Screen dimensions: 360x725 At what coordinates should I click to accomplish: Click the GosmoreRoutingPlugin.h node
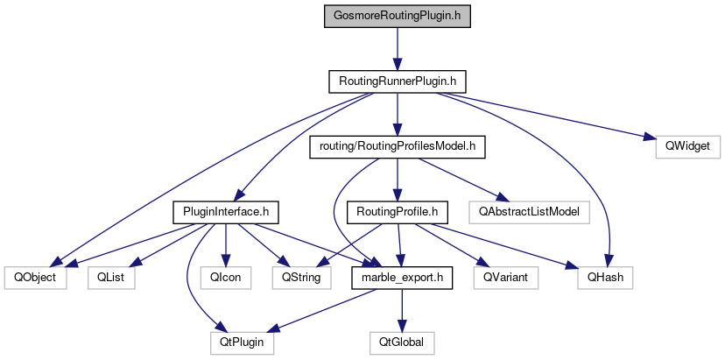[x=397, y=16]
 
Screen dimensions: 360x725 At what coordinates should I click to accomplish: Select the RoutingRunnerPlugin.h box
[x=397, y=81]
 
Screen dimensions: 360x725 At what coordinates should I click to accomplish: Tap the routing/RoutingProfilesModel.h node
[x=397, y=146]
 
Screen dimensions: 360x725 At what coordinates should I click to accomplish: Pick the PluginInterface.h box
[x=226, y=211]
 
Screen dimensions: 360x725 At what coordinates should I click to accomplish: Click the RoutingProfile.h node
[x=398, y=211]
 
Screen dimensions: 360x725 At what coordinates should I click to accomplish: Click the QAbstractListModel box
[x=529, y=211]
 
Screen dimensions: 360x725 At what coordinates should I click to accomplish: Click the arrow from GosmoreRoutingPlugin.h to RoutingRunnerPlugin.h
[x=397, y=48]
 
